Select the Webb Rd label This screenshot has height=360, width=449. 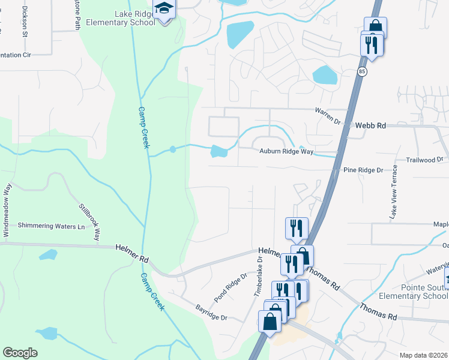[x=370, y=125]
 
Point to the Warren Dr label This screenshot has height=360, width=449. [x=328, y=116]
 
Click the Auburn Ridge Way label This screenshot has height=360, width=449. [x=286, y=152]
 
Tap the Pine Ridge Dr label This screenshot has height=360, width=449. [x=363, y=170]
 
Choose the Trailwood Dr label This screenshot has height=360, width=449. [x=423, y=160]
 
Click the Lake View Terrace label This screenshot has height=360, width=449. [x=394, y=191]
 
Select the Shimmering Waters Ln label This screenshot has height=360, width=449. [x=51, y=226]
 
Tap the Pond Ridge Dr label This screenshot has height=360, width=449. [x=231, y=288]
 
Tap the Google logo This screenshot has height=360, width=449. [x=20, y=353]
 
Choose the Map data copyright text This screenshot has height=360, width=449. [x=422, y=355]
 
